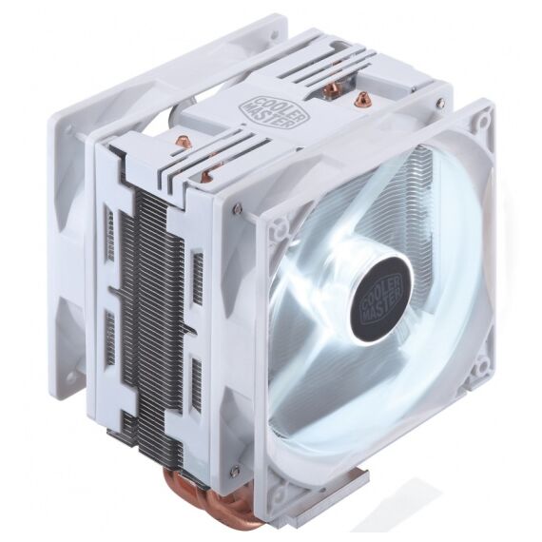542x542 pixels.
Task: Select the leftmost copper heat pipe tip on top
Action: click(181, 141)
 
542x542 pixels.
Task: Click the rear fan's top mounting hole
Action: click(275, 34)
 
